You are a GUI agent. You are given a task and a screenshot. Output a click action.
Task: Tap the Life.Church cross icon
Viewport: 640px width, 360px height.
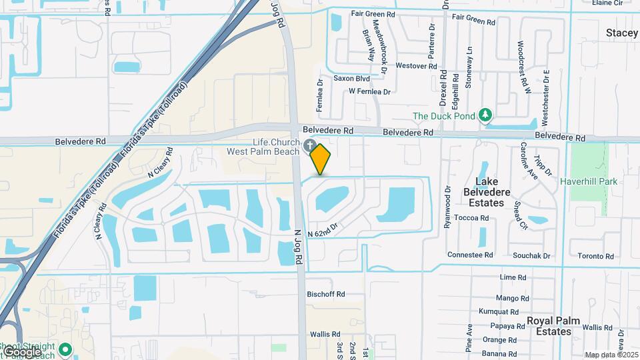coord(309,145)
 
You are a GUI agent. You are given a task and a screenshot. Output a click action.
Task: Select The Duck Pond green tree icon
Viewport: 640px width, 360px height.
coord(486,116)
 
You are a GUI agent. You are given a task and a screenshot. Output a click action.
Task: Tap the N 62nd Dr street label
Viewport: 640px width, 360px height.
coord(324,229)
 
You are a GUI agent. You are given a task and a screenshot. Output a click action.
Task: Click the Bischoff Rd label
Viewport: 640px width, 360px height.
coord(325,294)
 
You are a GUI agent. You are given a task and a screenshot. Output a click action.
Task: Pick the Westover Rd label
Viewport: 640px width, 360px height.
coord(416,66)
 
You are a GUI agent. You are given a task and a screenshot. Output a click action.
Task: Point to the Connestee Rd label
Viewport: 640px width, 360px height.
coord(470,255)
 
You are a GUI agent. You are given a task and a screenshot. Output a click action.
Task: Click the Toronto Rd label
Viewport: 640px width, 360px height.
coord(595,256)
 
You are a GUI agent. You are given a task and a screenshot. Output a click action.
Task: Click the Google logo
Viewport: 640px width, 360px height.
coord(21,351)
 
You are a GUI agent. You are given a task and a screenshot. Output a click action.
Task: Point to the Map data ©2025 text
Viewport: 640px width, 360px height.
coord(612,355)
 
